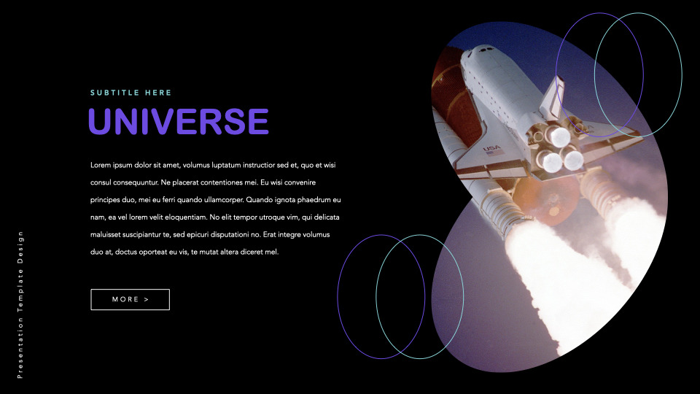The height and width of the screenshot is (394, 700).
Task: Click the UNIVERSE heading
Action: click(178, 121)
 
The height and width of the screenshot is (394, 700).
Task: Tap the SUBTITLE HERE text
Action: click(131, 93)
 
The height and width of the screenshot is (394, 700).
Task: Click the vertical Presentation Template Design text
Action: click(20, 304)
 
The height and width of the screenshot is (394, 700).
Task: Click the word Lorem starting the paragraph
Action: click(101, 165)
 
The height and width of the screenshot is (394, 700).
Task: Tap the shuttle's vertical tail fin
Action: click(552, 95)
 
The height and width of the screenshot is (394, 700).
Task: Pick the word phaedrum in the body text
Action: click(313, 200)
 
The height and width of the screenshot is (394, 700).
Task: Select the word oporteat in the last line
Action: click(169, 252)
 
